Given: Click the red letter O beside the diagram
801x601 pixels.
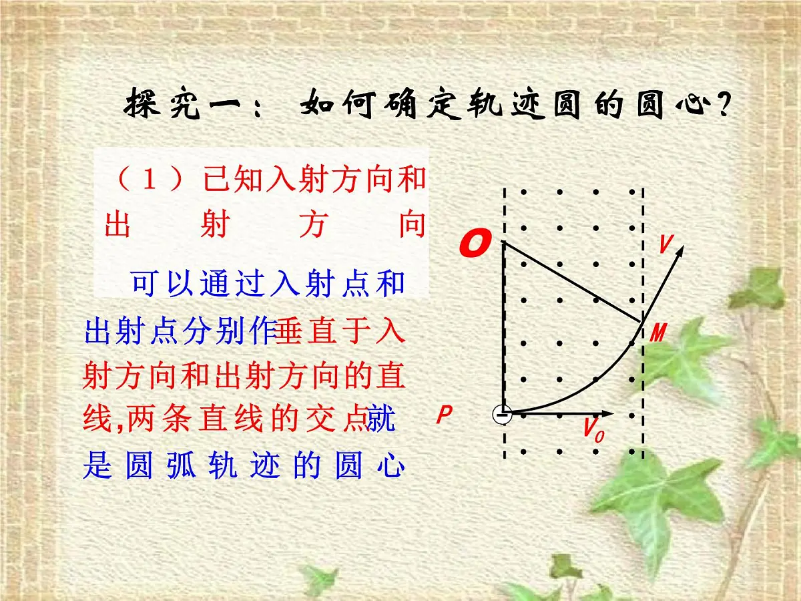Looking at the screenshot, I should point(475,244).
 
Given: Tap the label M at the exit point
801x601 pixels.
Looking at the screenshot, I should point(658,333).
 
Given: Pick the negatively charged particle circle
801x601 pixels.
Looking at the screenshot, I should point(503,415).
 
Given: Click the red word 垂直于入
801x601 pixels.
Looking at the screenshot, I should point(340,331).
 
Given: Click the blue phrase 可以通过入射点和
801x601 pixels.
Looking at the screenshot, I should point(268,283).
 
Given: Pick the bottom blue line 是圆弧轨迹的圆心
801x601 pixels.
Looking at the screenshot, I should point(244,466).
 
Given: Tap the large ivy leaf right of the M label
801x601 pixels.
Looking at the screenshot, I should point(688,361).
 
